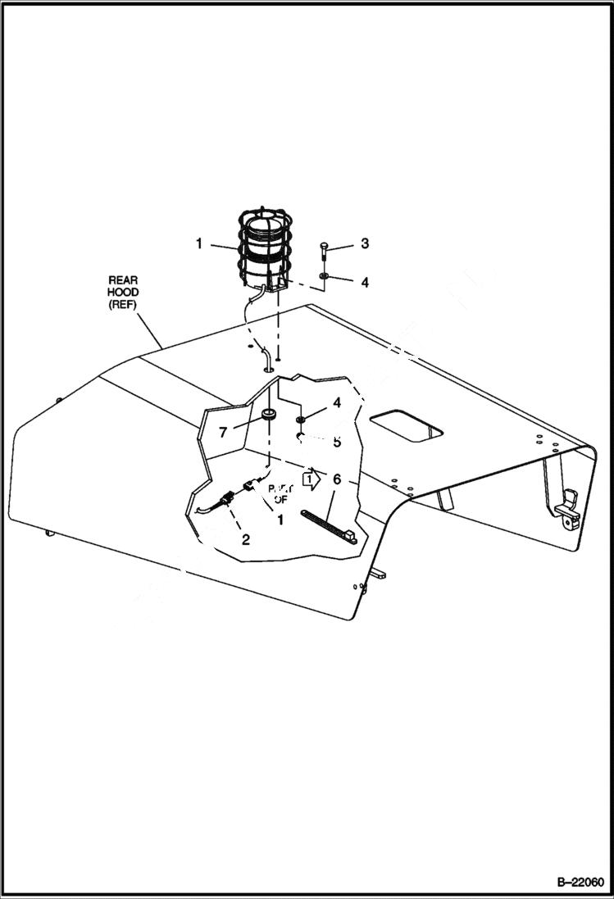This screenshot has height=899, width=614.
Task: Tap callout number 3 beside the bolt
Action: point(365,243)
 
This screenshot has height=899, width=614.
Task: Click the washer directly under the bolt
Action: point(325,277)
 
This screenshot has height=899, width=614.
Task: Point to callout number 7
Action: point(221,431)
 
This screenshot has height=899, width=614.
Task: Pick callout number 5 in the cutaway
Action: point(336,443)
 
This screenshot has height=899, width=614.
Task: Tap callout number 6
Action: point(337,478)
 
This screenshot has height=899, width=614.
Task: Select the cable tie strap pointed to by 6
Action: point(328,526)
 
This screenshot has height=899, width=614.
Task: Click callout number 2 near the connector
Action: point(244,539)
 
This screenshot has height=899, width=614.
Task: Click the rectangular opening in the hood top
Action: point(407,427)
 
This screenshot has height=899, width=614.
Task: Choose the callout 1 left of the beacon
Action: point(198,243)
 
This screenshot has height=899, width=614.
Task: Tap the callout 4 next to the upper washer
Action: point(365,282)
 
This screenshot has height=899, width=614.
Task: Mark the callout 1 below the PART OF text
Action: point(280,519)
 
